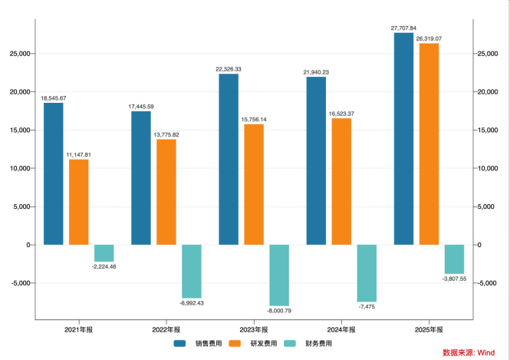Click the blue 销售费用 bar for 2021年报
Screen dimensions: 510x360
54,173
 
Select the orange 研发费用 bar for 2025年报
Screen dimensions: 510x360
429,144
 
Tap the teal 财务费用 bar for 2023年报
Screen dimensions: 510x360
279,276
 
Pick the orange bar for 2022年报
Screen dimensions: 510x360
166,192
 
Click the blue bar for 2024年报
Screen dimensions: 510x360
316,160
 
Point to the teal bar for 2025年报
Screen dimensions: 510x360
454,259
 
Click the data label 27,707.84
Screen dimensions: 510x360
403,28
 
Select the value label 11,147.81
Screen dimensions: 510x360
79,155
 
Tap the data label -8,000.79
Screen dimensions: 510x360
279,311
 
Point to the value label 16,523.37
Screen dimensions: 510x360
341,114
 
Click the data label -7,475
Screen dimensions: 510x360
367,306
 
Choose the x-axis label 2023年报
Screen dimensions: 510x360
254,330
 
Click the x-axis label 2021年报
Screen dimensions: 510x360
79,330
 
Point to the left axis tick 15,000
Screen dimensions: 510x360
20,130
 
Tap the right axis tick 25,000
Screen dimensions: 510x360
488,54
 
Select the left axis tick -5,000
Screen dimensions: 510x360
21,283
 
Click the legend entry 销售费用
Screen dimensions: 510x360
198,343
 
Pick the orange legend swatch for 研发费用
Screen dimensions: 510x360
235,343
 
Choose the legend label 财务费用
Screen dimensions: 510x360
318,343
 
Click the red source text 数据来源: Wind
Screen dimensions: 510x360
469,352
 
